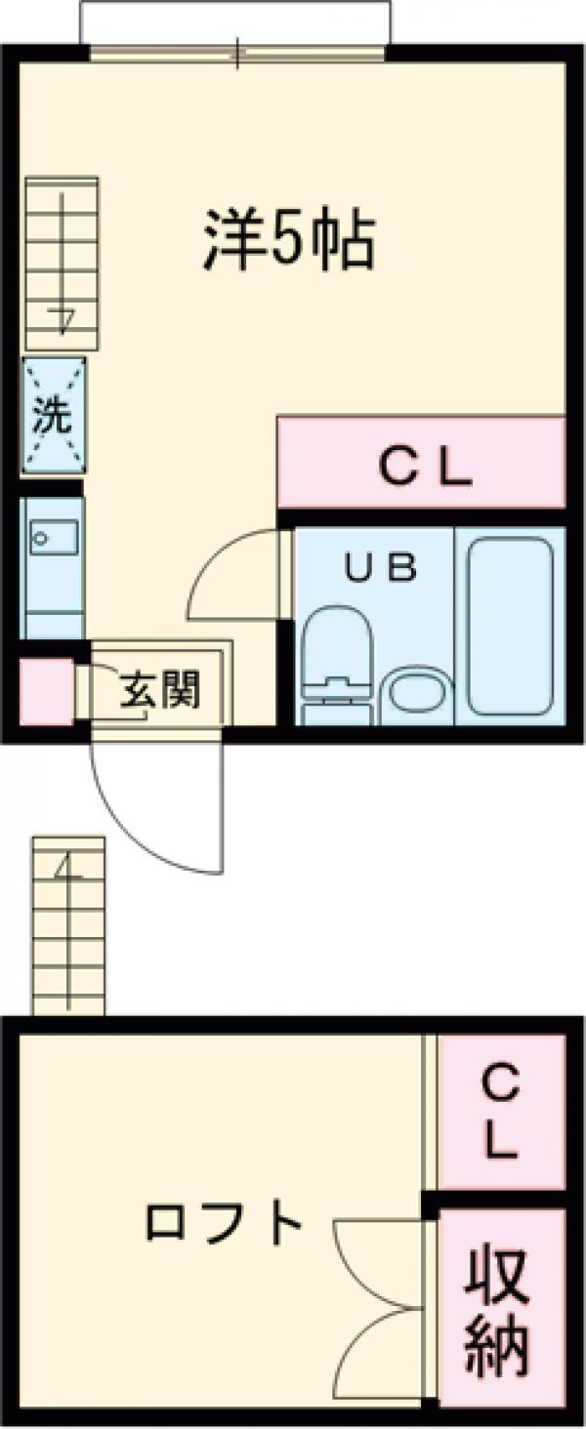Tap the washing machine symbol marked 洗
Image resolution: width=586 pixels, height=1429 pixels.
pos(54,417)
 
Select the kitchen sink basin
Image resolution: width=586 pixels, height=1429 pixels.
pos(53,537)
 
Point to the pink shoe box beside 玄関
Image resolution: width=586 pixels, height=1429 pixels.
pos(45,692)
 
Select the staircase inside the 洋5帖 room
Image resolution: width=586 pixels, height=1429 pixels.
pos(62,264)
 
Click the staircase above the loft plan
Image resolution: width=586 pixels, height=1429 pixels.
pos(67,922)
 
